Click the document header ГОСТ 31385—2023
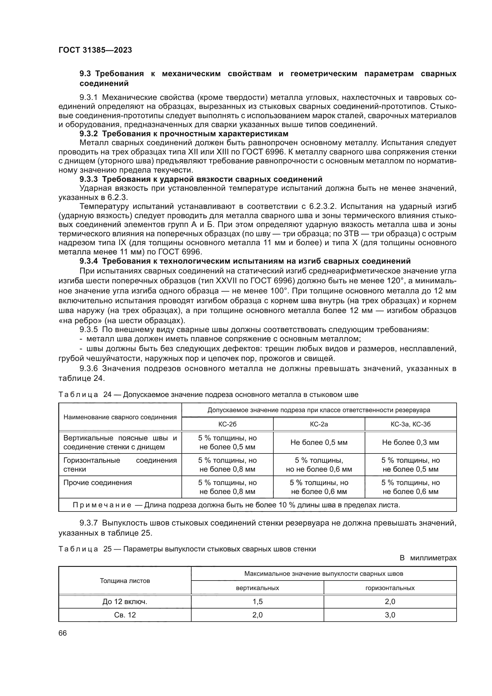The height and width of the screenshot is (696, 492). (x=95, y=50)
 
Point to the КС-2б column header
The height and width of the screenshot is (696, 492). (x=227, y=424)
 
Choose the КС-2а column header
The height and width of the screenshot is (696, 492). (x=319, y=424)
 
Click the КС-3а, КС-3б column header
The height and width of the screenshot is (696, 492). (x=410, y=424)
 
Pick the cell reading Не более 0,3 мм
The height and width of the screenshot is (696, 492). (x=410, y=442)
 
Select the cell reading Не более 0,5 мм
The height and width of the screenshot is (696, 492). (x=319, y=442)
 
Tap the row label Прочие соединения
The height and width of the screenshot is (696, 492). (x=98, y=482)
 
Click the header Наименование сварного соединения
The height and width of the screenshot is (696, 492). (x=120, y=417)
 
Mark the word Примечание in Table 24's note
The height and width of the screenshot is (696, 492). (x=102, y=505)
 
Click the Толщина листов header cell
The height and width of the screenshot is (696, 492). (x=125, y=581)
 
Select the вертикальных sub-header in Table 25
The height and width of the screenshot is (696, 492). (x=257, y=588)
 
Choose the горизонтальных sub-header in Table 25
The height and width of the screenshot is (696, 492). (x=390, y=588)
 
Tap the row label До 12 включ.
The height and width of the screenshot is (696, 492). (x=125, y=601)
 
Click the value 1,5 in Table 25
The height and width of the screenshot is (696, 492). (x=257, y=601)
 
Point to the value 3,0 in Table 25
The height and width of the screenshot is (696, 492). (x=390, y=615)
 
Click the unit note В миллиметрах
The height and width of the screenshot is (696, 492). (x=428, y=558)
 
